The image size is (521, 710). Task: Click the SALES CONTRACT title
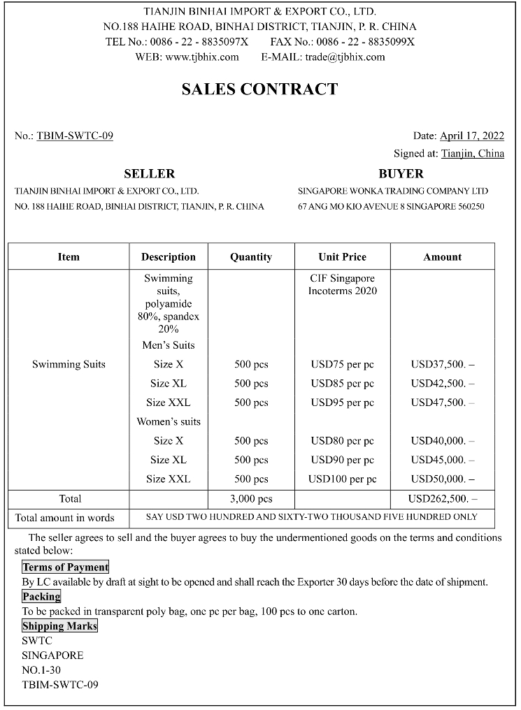tap(259, 89)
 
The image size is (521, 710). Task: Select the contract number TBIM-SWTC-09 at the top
tap(75, 136)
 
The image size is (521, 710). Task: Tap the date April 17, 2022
tap(472, 136)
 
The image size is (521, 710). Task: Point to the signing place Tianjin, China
tap(472, 154)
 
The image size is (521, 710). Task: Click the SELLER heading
tap(149, 173)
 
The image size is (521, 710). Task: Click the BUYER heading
tap(401, 173)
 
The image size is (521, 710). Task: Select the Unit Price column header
tap(342, 256)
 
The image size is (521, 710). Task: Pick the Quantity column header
tap(251, 256)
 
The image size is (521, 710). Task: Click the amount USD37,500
tap(438, 364)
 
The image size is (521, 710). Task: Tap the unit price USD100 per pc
tap(342, 479)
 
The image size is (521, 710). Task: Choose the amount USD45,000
tap(438, 460)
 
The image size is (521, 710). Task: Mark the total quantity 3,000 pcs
tap(251, 499)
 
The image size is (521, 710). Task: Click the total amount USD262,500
tap(438, 499)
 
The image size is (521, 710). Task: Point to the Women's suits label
tap(169, 421)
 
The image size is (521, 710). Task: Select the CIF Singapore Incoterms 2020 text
tap(342, 284)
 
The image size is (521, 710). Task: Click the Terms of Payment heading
tap(65, 567)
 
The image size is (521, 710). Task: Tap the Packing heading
tap(41, 597)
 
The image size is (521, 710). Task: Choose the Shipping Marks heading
tap(59, 626)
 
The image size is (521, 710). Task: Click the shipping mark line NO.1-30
tap(41, 670)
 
